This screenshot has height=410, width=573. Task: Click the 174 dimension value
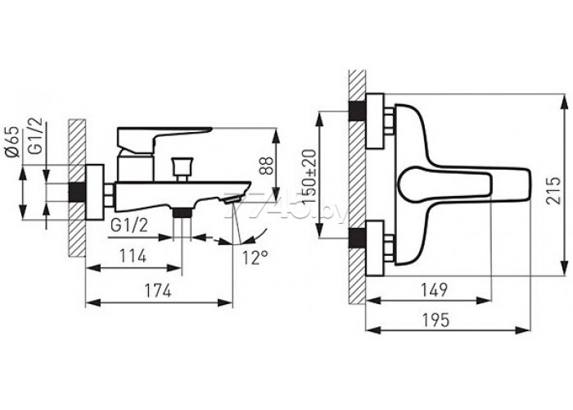point(158,291)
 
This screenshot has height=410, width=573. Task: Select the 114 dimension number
point(133,256)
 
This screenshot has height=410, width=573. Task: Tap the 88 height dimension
point(266,166)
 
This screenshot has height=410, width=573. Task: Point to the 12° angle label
point(255,257)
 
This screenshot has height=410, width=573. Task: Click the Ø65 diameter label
point(13,142)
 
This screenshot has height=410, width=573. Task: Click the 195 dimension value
point(436,321)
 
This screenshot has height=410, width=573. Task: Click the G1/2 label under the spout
point(129,226)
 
